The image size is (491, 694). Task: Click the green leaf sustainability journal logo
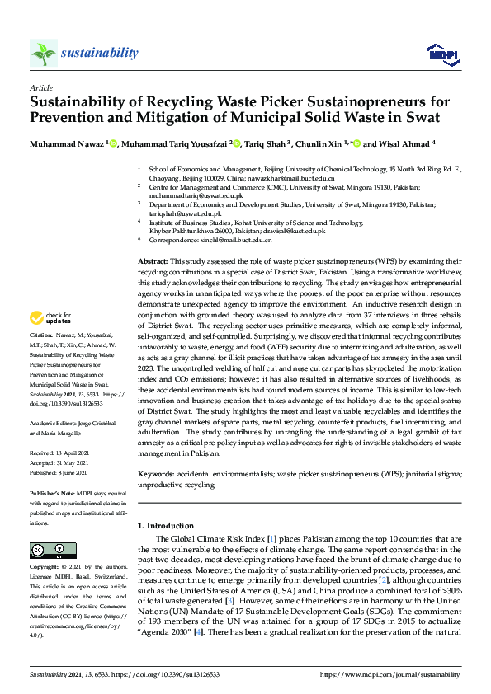click(44, 53)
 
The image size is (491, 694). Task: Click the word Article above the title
click(40, 87)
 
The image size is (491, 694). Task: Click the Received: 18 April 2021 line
click(61, 453)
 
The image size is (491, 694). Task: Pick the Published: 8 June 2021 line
click(61, 473)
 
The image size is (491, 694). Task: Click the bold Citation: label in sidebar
click(41, 335)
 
